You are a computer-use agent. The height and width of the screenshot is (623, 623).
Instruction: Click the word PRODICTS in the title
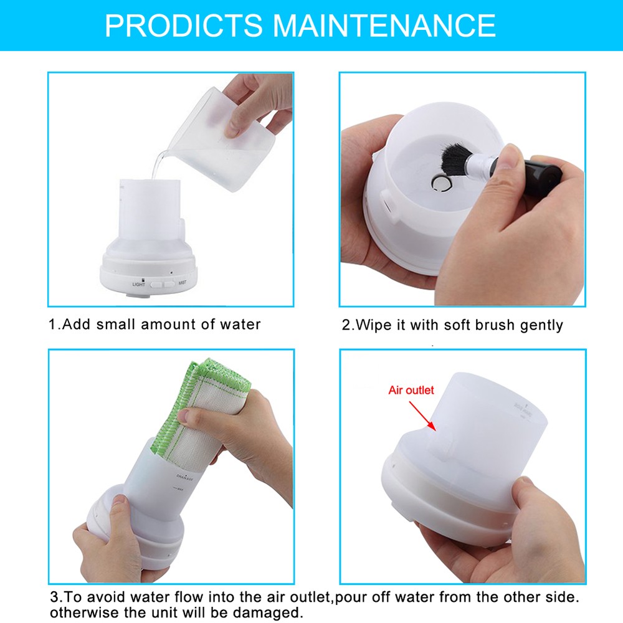(184, 25)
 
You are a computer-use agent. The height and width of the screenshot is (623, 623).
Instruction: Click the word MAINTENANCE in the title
(384, 25)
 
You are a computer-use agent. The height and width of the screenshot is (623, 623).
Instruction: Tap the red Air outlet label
(411, 391)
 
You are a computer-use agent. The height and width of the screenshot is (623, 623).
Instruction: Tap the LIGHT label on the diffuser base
(138, 284)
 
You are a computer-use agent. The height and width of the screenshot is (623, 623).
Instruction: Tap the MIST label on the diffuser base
(183, 283)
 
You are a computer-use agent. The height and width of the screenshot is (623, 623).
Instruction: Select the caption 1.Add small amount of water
(155, 325)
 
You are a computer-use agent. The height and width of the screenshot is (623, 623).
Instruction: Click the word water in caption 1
(240, 325)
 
